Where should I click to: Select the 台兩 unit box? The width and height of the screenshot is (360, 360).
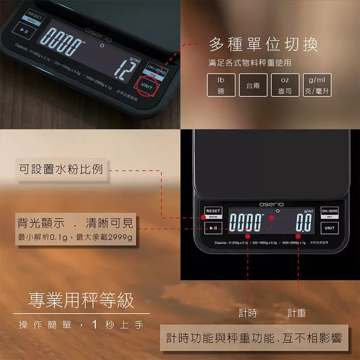253,85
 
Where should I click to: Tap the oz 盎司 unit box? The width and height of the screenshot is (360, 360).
285,85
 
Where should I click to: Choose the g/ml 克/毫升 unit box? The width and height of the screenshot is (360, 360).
317,85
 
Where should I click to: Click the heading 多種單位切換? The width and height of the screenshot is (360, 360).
263,44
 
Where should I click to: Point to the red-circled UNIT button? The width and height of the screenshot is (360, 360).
146,86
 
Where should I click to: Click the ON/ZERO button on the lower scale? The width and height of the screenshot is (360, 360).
329,212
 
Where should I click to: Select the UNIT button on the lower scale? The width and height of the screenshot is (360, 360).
329,228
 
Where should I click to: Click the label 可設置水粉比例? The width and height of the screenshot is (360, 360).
60,170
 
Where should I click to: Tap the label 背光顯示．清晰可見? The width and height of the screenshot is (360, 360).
75,224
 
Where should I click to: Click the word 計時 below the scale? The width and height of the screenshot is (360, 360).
247,313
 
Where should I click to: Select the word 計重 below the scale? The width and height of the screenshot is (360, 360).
296,313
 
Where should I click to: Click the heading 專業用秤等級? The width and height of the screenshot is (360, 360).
82,300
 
